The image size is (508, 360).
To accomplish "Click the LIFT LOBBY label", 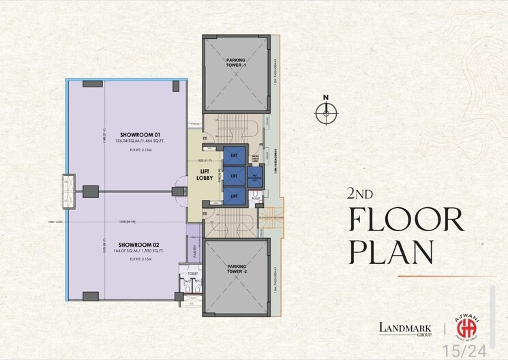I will click(205, 175).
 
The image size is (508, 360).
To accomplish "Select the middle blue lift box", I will click(234, 176).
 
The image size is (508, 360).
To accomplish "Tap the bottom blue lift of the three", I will click(234, 195).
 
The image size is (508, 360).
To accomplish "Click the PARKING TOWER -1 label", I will click(235, 63).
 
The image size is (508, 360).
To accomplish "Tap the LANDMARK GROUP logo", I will click(406, 329).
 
